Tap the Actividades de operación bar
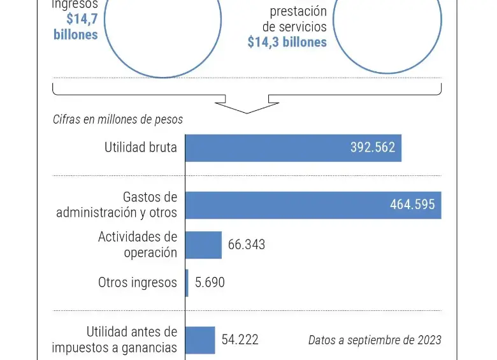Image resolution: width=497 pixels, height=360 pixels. (203, 245)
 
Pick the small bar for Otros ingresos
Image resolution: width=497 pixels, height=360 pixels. (187, 282)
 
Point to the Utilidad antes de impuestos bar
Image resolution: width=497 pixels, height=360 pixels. (200, 340)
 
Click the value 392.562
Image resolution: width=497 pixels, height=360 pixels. (373, 148)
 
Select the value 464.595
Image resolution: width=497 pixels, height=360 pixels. (412, 205)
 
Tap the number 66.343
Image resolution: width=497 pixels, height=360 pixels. (247, 245)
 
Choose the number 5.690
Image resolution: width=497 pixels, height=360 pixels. (210, 282)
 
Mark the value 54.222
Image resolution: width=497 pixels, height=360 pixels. (240, 340)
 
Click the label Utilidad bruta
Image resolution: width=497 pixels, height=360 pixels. (141, 148)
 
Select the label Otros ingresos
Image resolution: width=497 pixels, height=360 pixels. (138, 282)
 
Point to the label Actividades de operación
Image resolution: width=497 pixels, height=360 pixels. (138, 245)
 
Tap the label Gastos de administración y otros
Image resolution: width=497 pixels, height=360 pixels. (117, 205)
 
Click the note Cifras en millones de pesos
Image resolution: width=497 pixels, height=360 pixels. (118, 120)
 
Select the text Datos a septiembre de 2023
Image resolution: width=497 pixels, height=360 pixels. (375, 340)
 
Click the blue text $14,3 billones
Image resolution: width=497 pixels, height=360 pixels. (287, 42)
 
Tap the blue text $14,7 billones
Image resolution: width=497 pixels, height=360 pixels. (76, 27)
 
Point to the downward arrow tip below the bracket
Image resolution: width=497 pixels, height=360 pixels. (247, 112)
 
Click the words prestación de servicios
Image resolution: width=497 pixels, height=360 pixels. (295, 19)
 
